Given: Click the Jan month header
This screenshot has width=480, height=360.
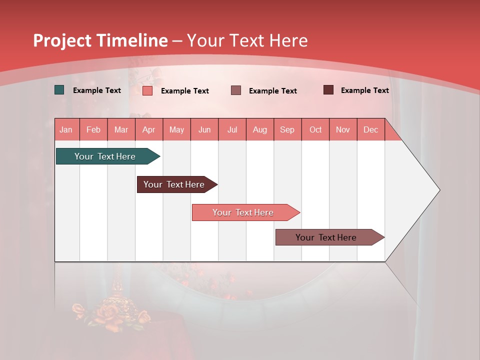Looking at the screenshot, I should click(x=66, y=129).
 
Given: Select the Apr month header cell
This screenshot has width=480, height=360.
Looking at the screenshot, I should click(x=149, y=129).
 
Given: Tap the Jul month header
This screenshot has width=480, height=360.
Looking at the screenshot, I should click(x=232, y=129).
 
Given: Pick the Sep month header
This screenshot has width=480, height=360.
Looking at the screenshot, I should click(x=287, y=129).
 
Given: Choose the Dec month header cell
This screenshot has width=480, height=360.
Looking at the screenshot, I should click(x=370, y=129).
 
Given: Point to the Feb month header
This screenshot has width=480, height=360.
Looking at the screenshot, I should click(x=93, y=129).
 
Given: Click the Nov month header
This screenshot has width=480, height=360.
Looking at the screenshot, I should click(x=342, y=129).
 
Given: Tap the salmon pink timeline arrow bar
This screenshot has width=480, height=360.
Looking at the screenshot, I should click(x=243, y=212).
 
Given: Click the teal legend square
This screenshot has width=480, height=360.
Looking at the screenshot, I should click(x=59, y=90).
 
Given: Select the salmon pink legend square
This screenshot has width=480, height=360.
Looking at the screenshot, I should click(x=147, y=90).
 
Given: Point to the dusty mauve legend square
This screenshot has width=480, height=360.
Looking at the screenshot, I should click(x=236, y=90).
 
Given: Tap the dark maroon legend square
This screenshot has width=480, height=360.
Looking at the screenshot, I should click(x=328, y=90).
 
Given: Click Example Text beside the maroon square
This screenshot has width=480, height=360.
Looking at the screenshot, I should click(x=364, y=90).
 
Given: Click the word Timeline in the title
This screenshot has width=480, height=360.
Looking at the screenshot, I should click(x=132, y=40).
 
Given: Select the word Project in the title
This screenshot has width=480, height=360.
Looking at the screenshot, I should click(x=62, y=41).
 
